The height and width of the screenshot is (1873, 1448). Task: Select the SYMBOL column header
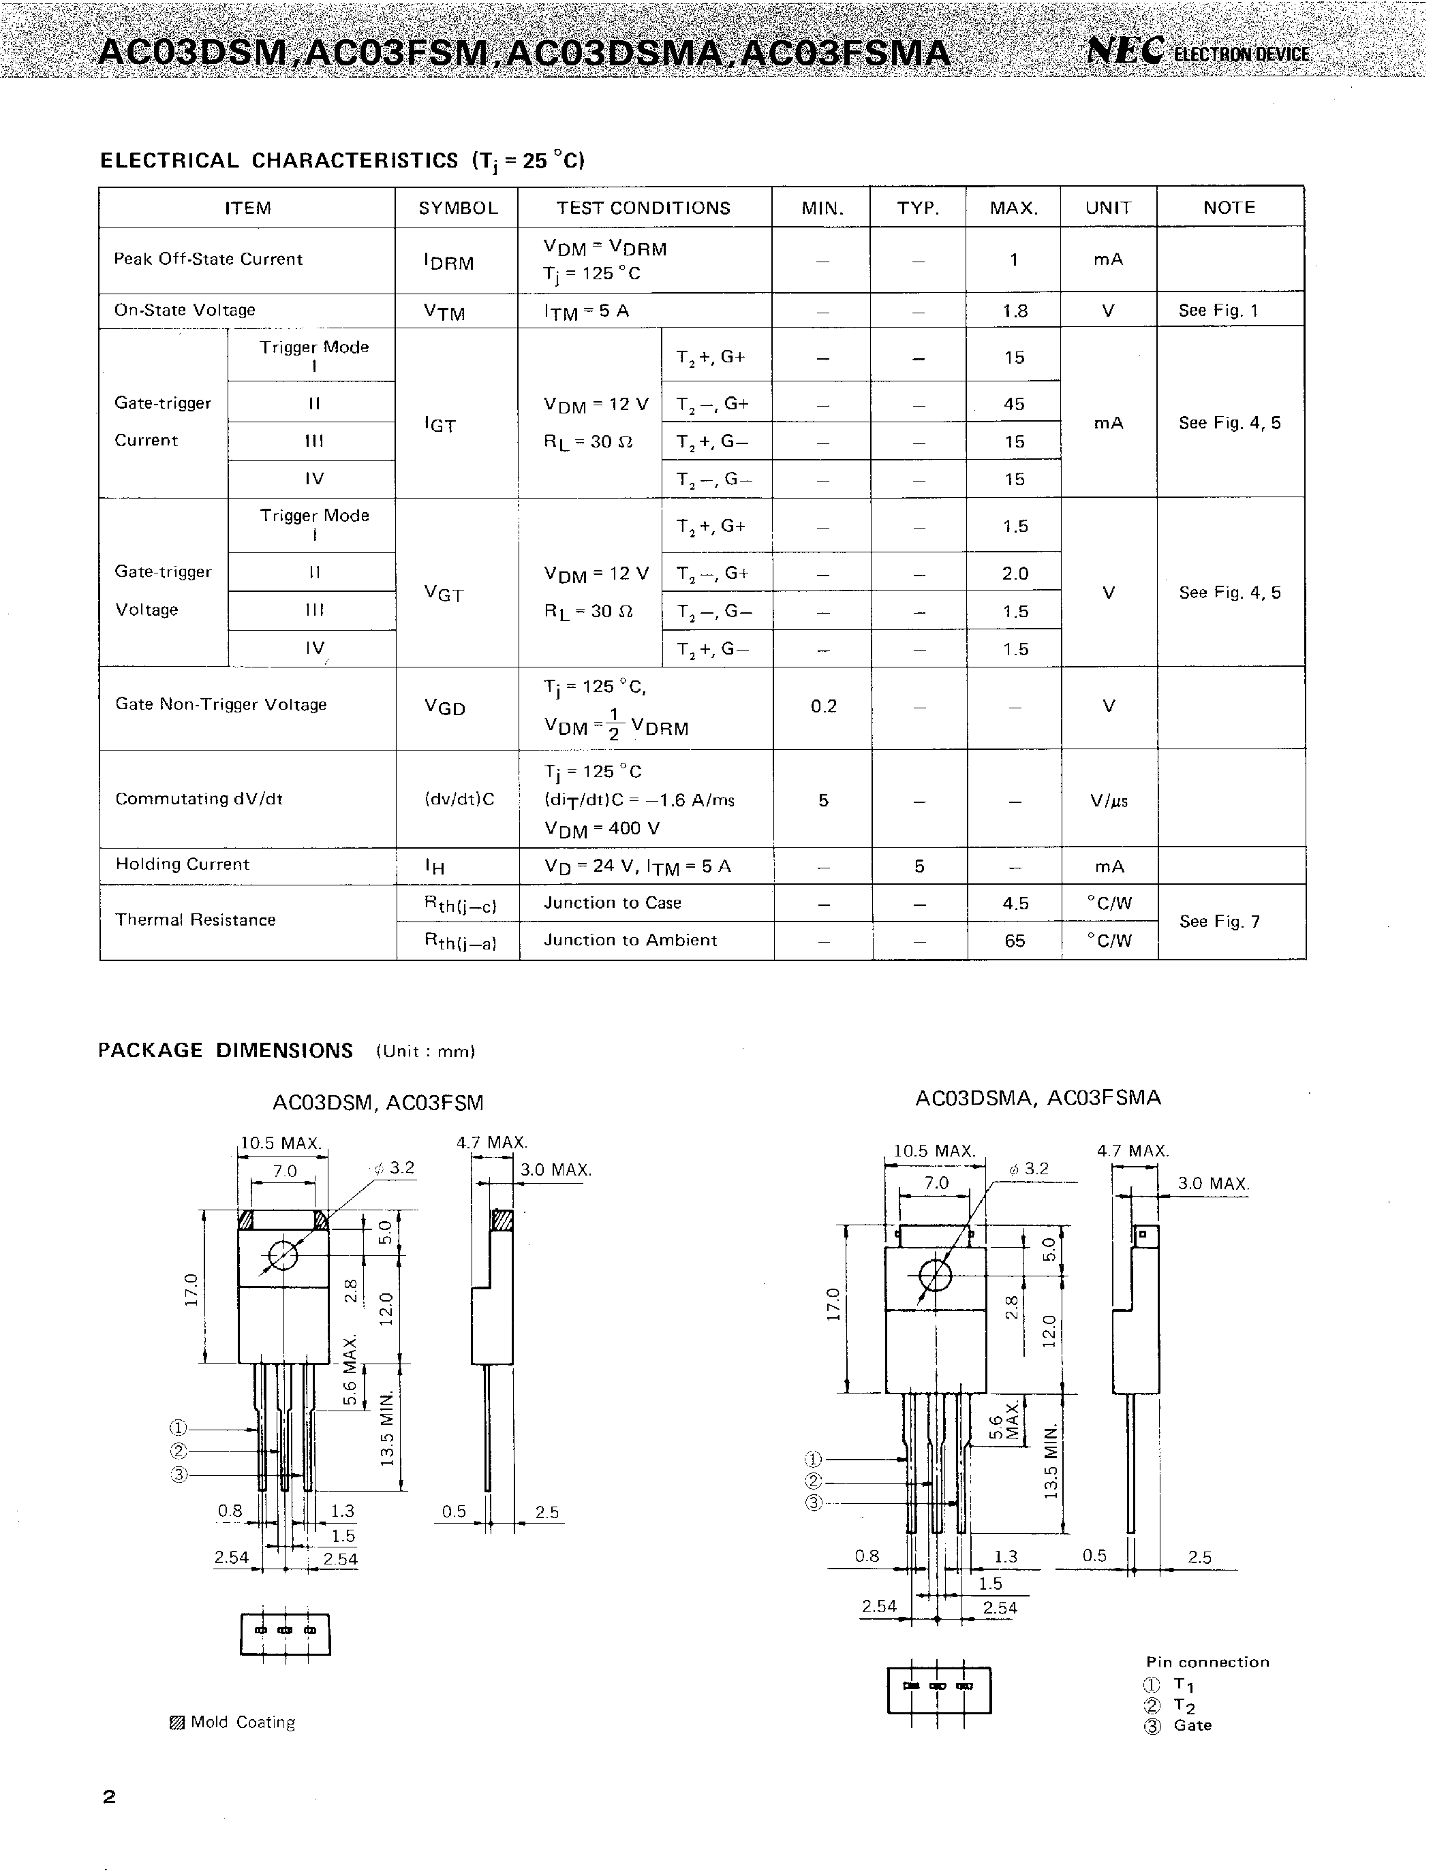point(457,208)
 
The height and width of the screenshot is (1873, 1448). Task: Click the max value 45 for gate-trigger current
point(1014,404)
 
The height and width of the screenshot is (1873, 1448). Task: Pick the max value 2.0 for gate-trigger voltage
point(1015,573)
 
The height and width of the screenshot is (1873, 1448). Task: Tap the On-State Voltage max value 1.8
point(1015,311)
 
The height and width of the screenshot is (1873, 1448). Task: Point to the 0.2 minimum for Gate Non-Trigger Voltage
point(822,706)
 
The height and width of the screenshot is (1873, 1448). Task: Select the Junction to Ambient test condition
point(630,940)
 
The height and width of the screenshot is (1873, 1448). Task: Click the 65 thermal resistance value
point(1014,941)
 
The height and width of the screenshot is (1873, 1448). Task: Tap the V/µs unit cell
point(1108,801)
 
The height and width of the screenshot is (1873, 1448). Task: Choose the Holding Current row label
point(182,864)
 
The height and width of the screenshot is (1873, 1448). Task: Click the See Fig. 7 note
point(1219,921)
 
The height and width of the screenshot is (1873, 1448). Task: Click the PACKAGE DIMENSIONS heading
point(226,1050)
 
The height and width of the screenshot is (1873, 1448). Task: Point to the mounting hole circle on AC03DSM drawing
point(283,1257)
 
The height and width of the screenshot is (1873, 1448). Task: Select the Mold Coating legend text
point(242,1722)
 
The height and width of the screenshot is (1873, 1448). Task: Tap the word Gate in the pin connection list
point(1192,1725)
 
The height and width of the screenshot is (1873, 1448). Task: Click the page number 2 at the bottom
point(109,1797)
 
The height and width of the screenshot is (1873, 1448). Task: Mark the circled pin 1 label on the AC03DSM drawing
point(178,1428)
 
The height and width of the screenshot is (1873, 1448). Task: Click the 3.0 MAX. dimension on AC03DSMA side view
point(1212,1184)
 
